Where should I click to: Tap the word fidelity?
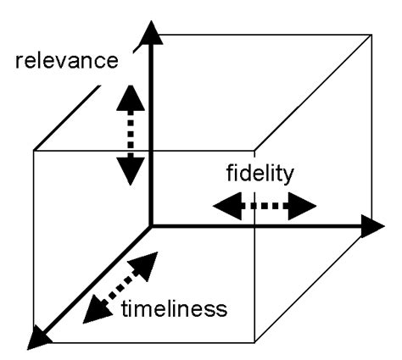[x=260, y=176]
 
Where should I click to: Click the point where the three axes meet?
[x=150, y=225]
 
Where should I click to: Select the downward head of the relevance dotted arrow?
[x=130, y=172]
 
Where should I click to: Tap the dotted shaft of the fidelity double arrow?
[x=263, y=205]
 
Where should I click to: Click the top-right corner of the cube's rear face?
[x=371, y=35]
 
